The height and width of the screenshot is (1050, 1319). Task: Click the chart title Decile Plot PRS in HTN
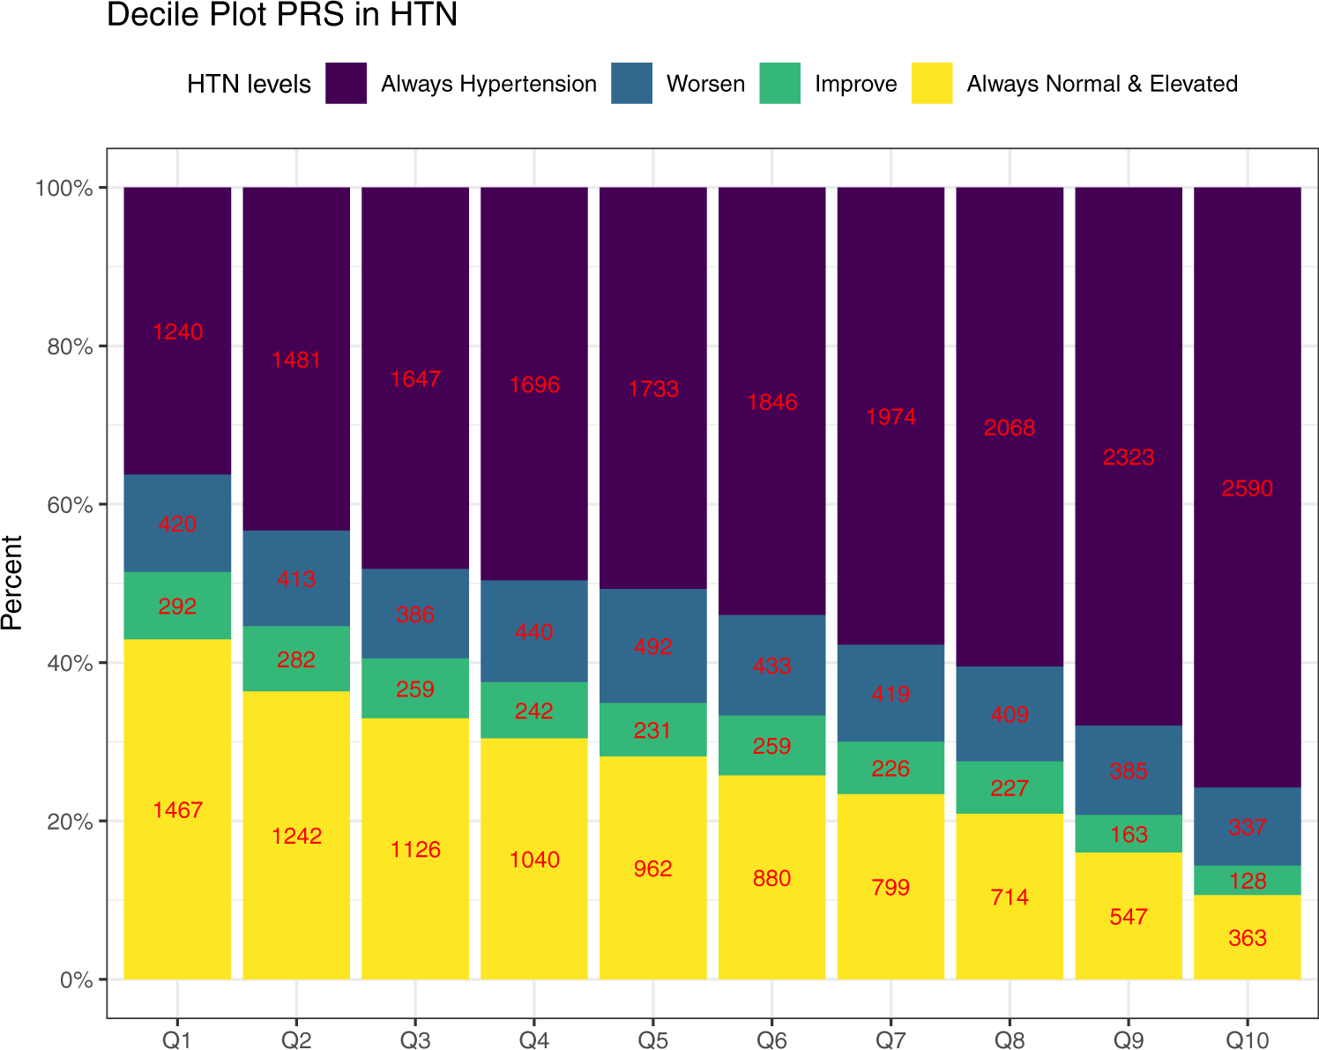282,16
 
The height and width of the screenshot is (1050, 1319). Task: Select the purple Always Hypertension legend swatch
346,84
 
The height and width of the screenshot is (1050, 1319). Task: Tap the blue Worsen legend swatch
631,84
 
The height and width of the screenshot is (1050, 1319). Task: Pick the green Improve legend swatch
779,84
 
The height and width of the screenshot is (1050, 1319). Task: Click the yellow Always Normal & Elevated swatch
932,84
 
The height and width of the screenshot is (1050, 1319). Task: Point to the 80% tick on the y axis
70,346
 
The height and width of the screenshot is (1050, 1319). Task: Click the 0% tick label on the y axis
76,979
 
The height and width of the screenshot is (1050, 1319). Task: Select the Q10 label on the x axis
1247,1040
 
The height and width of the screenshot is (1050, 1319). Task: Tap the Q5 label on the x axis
652,1040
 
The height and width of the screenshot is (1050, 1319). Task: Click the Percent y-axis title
12,583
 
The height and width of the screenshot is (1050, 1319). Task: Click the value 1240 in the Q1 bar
177,332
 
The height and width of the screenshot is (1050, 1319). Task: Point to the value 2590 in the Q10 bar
1247,488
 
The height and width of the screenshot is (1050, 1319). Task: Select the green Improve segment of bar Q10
1247,881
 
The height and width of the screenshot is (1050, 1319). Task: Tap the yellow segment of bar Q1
177,838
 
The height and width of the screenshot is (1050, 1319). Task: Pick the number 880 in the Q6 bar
771,879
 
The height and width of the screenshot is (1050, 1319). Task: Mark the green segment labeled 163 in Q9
1129,834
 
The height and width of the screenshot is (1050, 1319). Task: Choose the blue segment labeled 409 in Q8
1010,714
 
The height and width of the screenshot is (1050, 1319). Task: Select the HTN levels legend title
249,85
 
